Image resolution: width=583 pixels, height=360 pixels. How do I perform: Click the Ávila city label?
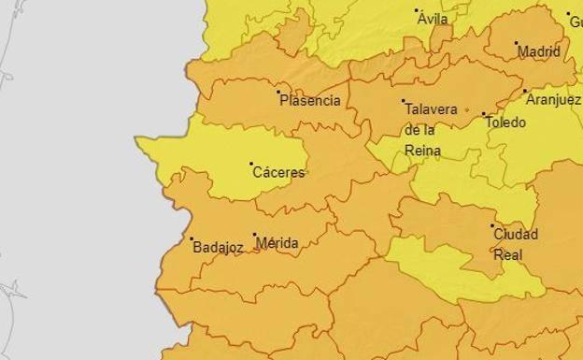tap(433, 19)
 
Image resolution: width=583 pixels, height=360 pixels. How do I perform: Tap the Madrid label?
tap(539, 51)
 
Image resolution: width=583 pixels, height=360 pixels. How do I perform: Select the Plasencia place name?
tap(311, 101)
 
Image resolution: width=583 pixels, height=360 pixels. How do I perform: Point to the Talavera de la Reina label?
tap(431, 130)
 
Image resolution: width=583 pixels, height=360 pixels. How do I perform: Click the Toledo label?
tap(505, 122)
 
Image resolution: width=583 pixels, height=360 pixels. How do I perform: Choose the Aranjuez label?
tap(552, 100)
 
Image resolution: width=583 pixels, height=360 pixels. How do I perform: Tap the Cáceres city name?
tap(279, 173)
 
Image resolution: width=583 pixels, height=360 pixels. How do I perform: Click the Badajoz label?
tap(218, 248)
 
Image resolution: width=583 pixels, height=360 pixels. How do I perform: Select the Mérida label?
tap(277, 244)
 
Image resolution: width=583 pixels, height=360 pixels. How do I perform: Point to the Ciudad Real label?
tap(515, 243)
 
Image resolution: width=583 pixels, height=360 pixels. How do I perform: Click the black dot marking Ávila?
tap(417, 10)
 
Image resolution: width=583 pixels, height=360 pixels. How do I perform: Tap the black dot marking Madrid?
tap(516, 43)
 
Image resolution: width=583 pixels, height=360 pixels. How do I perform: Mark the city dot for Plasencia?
tap(278, 92)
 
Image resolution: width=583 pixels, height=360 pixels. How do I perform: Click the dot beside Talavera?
tap(404, 101)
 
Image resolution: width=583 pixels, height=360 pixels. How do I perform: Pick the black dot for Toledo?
tap(484, 114)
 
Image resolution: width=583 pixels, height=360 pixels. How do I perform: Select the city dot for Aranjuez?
tap(525, 92)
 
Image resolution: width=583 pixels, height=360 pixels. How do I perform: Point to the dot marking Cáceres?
tap(251, 165)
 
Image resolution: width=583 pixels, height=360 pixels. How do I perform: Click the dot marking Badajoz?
tap(192, 238)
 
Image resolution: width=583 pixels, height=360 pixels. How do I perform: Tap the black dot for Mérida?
tap(254, 236)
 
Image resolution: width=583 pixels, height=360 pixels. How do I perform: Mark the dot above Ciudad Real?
tap(492, 225)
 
